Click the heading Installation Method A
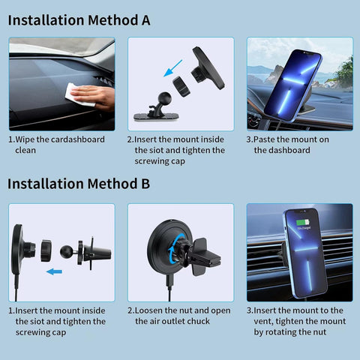pos(79,19)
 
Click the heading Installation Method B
pos(79,184)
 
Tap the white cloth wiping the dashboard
pos(75,93)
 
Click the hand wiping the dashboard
pos(96,94)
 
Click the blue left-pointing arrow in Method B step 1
pos(52,272)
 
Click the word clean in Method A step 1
pos(25,150)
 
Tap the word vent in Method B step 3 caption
pos(265,321)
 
